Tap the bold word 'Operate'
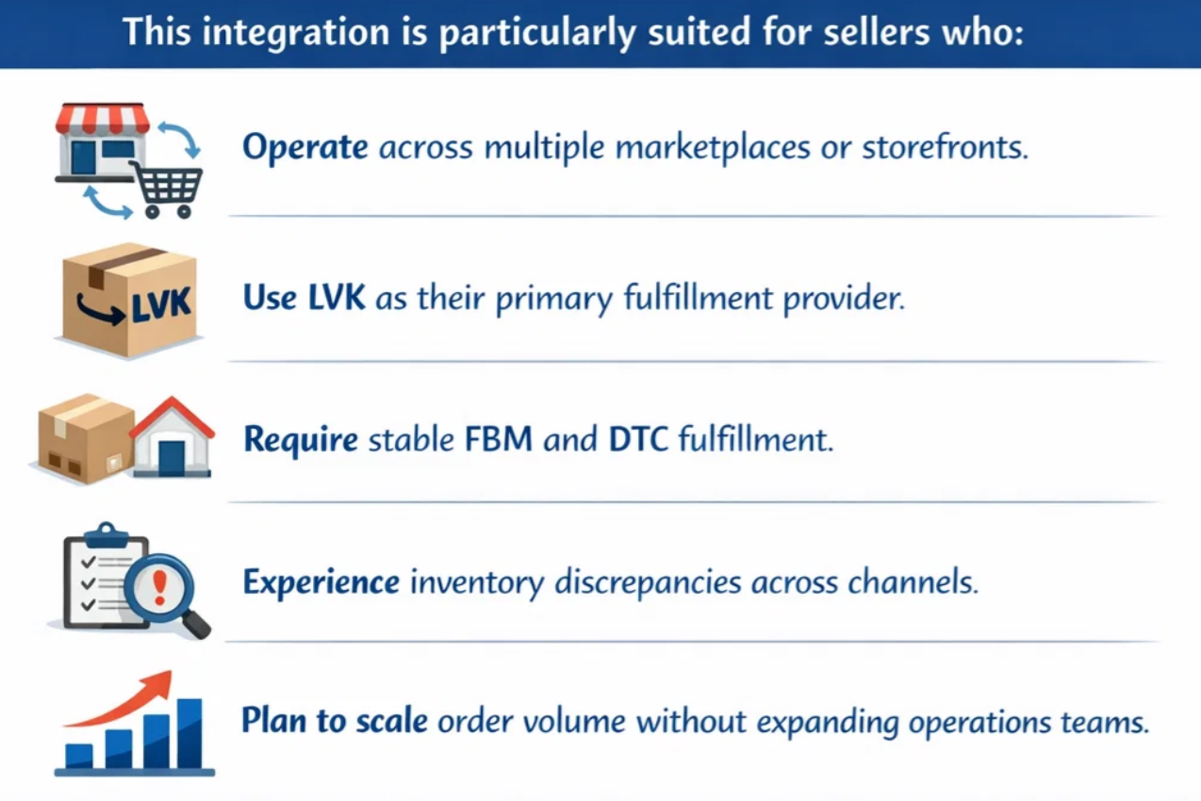[x=305, y=148]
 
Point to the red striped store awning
[x=103, y=118]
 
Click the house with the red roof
[x=171, y=438]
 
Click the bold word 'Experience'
[x=321, y=582]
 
